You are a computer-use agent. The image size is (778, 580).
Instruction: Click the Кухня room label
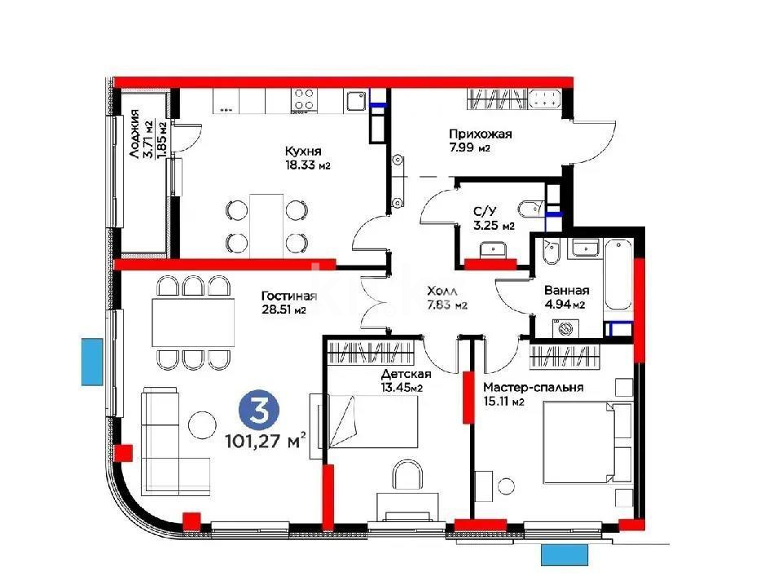pos(302,152)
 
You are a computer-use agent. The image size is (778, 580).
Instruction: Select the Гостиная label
pos(289,296)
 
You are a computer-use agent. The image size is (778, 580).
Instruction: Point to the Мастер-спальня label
pos(532,388)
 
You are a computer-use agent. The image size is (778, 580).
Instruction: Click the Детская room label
pos(406,374)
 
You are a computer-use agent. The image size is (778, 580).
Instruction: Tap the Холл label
pos(443,291)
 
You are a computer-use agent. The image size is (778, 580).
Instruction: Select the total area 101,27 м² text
pos(266,442)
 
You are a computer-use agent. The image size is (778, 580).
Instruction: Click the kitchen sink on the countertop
pos(354,100)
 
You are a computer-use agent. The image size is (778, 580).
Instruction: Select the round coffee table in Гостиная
pos(200,423)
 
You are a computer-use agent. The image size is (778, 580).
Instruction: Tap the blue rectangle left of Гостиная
pos(92,362)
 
